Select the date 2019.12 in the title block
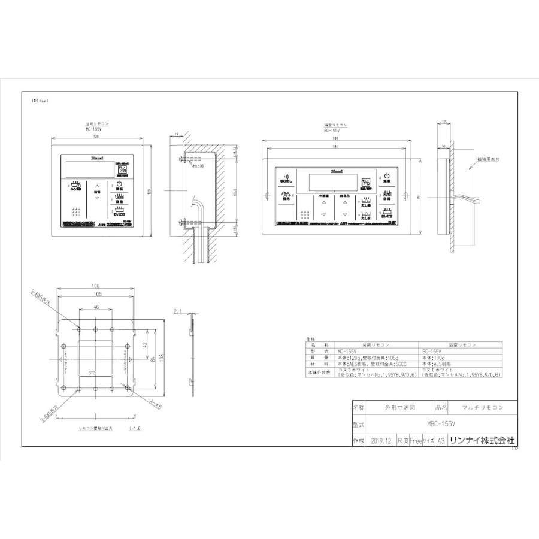click(381, 440)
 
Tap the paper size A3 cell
click(440, 440)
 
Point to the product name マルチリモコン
click(483, 407)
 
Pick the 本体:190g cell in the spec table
click(434, 358)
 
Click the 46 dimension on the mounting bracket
click(95, 307)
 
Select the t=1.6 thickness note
click(135, 429)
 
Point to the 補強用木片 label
click(489, 161)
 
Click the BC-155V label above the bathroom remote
click(332, 130)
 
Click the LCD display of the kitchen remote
click(87, 166)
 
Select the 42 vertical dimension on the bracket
click(146, 345)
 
